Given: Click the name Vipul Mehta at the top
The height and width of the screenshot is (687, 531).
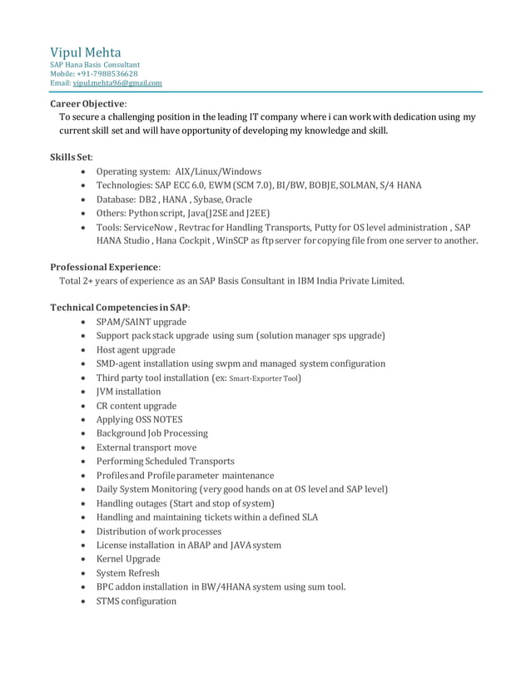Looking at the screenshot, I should tap(85, 52).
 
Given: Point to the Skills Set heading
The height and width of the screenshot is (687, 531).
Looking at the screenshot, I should tap(72, 156).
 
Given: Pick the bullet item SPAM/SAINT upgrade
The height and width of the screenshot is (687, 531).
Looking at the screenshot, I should tap(141, 322).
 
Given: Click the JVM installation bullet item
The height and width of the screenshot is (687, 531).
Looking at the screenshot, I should tap(129, 392).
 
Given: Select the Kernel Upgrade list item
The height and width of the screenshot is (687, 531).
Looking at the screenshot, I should tap(128, 559).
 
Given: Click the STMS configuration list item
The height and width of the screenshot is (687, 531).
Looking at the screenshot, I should tap(136, 601).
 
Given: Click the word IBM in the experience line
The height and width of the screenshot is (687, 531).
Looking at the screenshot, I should tap(310, 281).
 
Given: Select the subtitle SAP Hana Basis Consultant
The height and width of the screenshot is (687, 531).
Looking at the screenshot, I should tap(95, 65).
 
